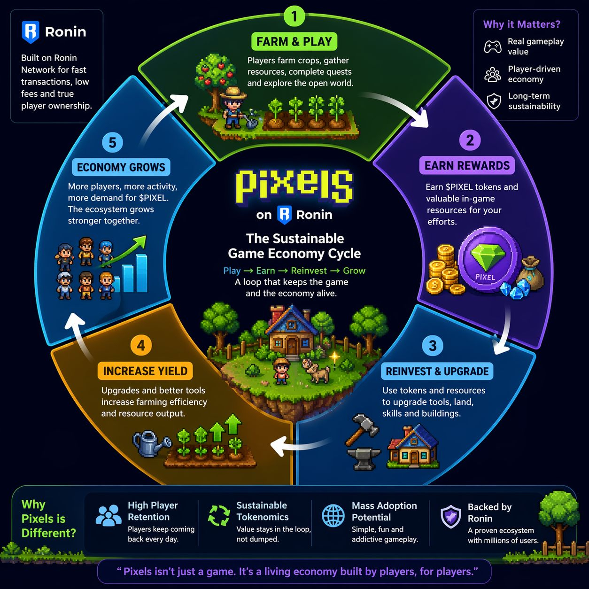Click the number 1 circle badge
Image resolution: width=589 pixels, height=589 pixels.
pos(294,17)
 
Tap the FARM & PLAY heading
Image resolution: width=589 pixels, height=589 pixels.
pos(294,42)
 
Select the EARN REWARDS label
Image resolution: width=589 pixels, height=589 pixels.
pos(467,166)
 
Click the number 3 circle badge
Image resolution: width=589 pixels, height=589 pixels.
pos(433,346)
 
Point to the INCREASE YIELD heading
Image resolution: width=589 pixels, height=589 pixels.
pos(145,371)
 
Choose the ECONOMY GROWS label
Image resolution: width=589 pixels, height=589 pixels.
pos(121,167)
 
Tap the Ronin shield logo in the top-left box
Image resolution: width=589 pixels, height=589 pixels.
pos(31,32)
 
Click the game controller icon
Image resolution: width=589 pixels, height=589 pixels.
pos(493,46)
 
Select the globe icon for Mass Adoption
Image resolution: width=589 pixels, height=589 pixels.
pos(333,515)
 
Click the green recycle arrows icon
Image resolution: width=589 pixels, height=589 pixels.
pos(219,515)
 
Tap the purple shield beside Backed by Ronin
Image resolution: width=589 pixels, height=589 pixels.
pos(451,516)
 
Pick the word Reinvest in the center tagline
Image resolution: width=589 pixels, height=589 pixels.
pos(309,271)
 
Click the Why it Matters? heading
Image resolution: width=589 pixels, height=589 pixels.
pos(521,24)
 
